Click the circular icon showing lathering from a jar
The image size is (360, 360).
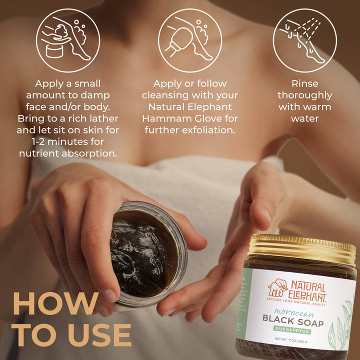[x=67, y=40]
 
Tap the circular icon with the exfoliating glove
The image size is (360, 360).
[x=190, y=40]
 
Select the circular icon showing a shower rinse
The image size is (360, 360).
[x=304, y=40]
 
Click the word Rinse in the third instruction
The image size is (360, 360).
[x=304, y=83]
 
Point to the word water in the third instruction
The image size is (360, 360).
[x=304, y=118]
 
